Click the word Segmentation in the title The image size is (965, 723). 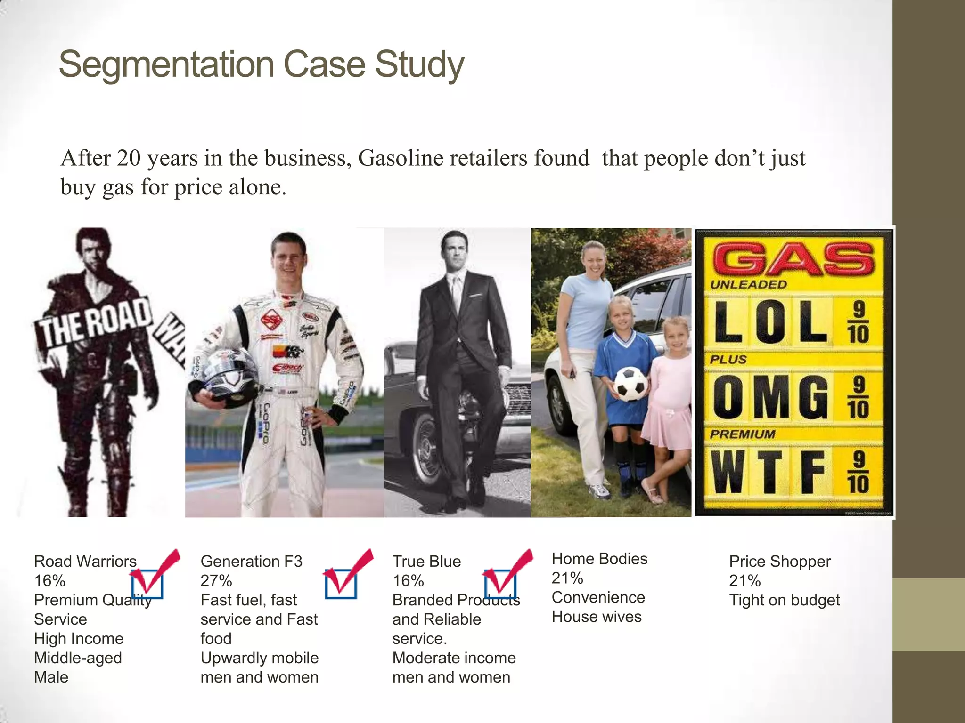click(166, 64)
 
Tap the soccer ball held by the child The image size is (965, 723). click(630, 384)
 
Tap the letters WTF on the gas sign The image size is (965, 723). click(768, 472)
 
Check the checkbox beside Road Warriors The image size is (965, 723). click(147, 584)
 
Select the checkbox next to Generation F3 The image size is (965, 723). click(340, 584)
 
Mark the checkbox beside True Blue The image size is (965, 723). click(500, 584)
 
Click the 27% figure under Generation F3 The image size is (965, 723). click(216, 581)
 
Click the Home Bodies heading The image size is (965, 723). click(599, 559)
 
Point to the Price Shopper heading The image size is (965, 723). click(780, 562)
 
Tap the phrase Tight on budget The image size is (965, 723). click(784, 600)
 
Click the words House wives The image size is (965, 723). click(597, 617)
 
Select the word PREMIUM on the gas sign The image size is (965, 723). click(742, 434)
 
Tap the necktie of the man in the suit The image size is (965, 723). click(457, 292)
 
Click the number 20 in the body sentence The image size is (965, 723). click(129, 158)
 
